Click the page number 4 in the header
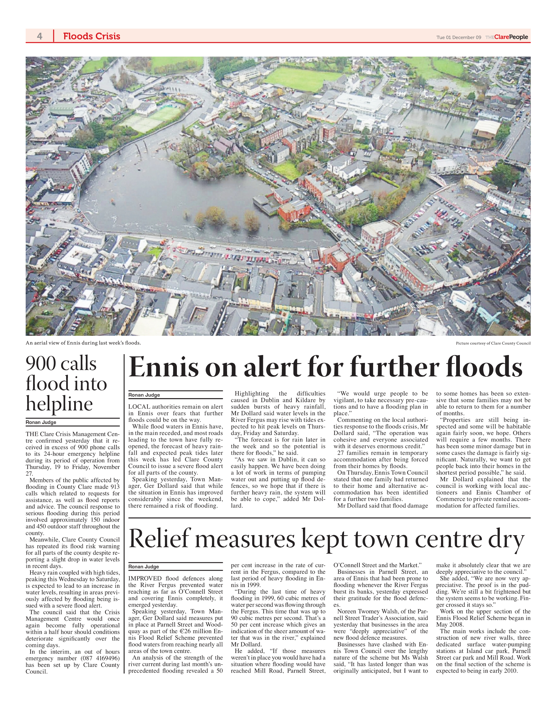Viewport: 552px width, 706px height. [x=39, y=36]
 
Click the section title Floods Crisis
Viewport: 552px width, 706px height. [x=92, y=36]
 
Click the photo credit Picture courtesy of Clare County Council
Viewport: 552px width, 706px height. [x=493, y=343]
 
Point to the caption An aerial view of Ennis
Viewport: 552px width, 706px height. [x=83, y=343]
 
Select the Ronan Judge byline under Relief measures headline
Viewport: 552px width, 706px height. [x=144, y=567]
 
